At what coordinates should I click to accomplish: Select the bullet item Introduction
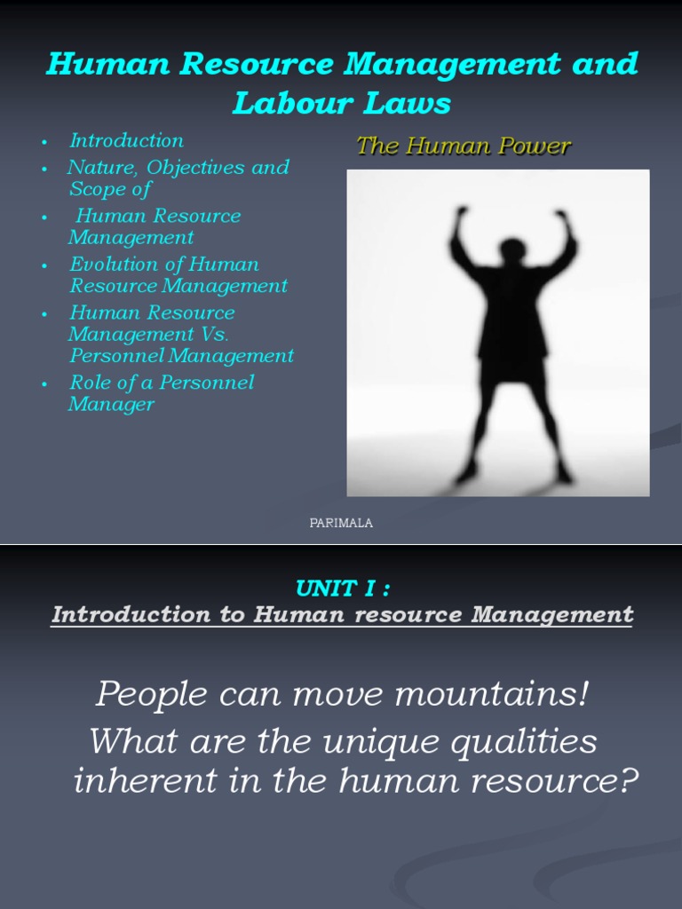[126, 140]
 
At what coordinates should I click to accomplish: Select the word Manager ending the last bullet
[111, 405]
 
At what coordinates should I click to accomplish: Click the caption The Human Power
[463, 147]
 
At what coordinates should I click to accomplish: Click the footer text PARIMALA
[341, 523]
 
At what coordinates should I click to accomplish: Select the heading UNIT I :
[341, 589]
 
